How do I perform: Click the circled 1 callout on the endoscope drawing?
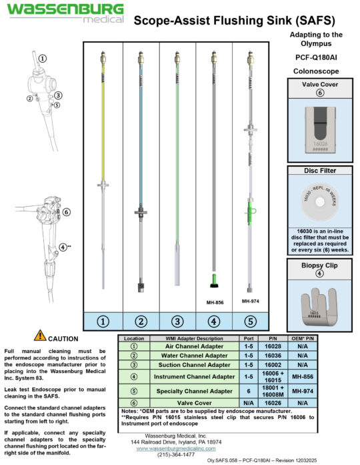tap(43, 58)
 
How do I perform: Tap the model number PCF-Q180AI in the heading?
tap(317, 57)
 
